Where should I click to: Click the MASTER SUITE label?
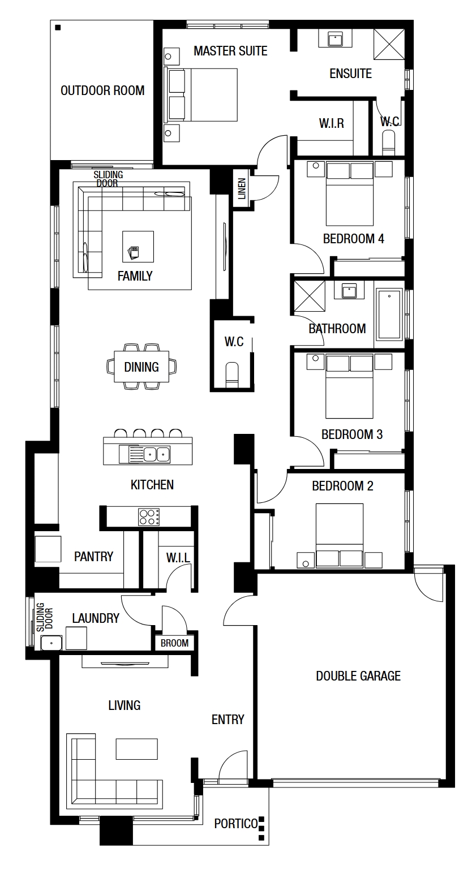point(230,51)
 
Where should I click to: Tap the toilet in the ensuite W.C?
point(388,143)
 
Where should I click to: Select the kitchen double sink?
point(157,454)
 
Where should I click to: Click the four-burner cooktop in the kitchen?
point(149,517)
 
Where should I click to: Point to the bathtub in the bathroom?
point(389,314)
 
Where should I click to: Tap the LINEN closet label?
point(242,188)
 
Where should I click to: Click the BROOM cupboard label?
point(174,643)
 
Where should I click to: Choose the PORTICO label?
point(236,824)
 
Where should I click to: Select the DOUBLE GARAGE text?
point(358,676)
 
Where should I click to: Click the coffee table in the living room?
point(136,749)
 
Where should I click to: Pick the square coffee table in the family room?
point(138,246)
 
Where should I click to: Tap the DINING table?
point(141,367)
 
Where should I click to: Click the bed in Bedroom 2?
point(339,535)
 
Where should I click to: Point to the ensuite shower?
point(389,44)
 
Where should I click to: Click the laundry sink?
point(52,643)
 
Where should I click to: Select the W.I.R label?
point(332,123)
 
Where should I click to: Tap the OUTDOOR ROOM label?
point(102,91)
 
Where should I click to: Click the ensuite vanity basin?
point(335,38)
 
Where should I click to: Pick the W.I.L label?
point(178,558)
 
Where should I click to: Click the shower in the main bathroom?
point(309,296)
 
